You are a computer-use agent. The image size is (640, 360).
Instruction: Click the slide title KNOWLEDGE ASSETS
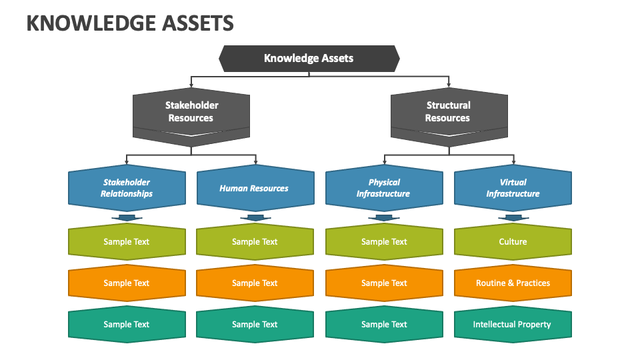point(130,23)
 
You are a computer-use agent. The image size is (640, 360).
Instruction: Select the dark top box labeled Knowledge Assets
point(309,58)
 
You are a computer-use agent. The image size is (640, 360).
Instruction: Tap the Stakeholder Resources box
point(191,112)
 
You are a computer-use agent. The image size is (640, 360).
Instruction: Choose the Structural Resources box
point(448,112)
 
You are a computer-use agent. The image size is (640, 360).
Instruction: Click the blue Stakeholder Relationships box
point(127,188)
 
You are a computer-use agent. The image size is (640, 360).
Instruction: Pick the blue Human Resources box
point(255,188)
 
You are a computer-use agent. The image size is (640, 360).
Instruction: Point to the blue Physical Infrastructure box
point(384,188)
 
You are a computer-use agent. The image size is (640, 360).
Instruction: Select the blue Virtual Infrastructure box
point(513,188)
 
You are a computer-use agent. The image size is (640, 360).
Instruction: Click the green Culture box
point(513,242)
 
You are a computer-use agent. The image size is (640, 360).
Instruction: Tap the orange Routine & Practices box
point(513,283)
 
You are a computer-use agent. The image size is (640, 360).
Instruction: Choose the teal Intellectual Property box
point(513,325)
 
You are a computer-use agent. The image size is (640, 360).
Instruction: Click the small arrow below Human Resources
point(255,217)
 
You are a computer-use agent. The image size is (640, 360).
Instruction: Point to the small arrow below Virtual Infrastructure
point(513,217)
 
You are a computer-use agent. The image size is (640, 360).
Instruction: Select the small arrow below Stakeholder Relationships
point(127,217)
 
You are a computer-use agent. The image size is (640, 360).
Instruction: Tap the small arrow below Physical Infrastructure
point(384,217)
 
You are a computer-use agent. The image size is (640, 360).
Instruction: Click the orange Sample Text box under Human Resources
point(255,283)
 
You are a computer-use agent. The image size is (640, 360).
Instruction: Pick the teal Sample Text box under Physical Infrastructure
point(384,325)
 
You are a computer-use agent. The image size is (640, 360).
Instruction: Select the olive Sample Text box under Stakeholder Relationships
point(127,242)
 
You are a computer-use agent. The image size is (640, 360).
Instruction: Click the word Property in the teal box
point(534,325)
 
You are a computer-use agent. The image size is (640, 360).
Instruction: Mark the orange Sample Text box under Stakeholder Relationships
point(127,283)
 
